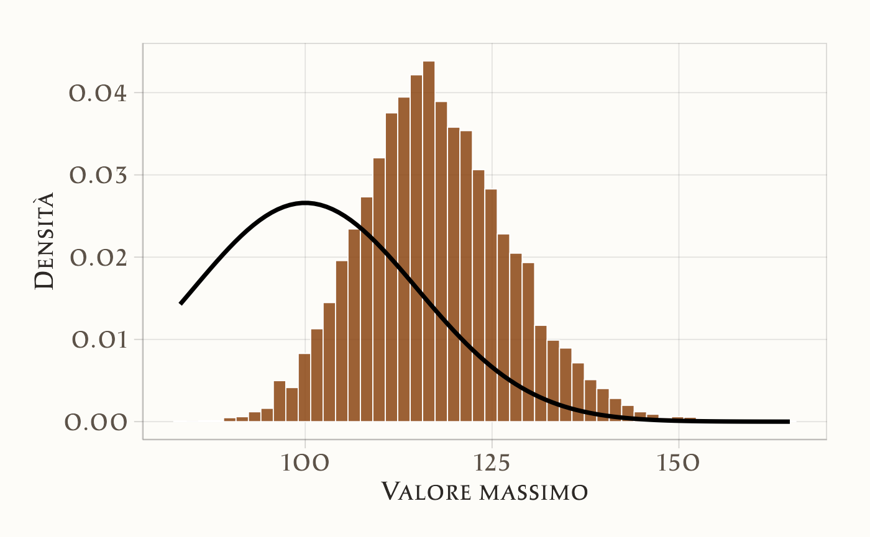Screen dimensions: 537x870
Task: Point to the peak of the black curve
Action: pos(305,202)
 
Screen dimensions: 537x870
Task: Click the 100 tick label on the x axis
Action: pos(304,464)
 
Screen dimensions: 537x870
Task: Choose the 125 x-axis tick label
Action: pos(492,464)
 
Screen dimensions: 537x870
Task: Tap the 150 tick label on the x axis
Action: pos(678,464)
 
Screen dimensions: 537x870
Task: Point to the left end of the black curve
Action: pos(181,304)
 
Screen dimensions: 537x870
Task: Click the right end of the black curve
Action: pos(789,422)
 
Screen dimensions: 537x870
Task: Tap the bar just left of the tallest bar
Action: pos(416,248)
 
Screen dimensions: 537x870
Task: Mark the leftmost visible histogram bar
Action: pos(230,420)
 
